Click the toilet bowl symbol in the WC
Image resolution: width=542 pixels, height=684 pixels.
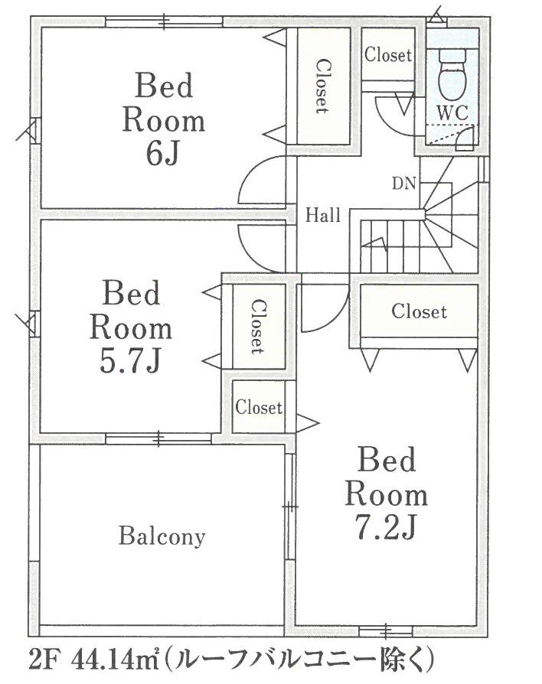point(453,74)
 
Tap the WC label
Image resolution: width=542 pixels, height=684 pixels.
point(452,113)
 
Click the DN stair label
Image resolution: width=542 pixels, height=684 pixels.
point(403,184)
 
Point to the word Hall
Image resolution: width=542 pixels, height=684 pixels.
point(323,215)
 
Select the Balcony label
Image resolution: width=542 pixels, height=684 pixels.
point(162,536)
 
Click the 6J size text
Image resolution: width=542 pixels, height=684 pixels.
point(162,155)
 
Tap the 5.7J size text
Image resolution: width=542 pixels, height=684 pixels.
point(131,362)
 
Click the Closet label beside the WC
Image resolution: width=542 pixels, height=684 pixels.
point(388,55)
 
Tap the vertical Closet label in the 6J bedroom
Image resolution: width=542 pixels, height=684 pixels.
point(323,86)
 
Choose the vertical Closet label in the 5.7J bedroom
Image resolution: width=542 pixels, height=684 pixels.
point(258,327)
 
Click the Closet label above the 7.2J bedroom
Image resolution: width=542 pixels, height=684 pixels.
point(419,311)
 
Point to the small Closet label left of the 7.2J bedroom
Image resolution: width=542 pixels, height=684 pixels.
point(259,408)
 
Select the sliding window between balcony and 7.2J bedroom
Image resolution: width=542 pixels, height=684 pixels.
point(289,506)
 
